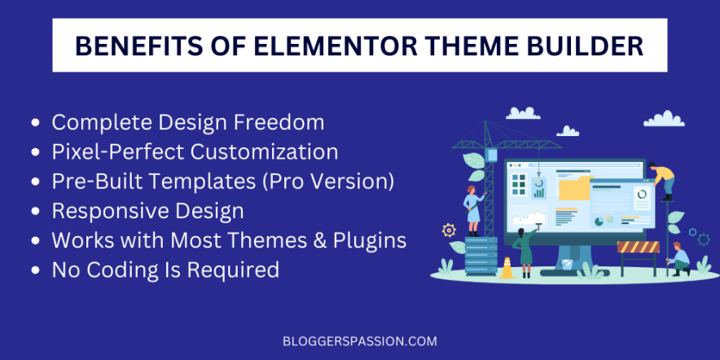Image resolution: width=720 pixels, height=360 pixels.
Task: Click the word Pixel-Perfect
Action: tap(125, 151)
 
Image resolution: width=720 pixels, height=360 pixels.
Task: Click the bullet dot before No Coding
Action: tap(36, 270)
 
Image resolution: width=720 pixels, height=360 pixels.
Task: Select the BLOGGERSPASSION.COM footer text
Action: tap(359, 340)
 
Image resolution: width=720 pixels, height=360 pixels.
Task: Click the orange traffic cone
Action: tap(507, 267)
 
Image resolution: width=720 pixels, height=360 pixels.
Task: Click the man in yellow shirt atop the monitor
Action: tap(664, 179)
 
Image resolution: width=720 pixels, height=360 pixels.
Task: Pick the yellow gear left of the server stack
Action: tap(448, 230)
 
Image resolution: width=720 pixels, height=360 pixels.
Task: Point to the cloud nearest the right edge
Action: tap(663, 119)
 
